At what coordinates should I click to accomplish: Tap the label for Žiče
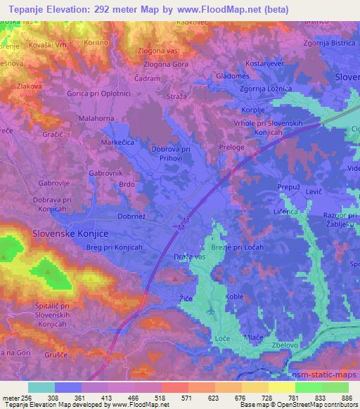click(x=181, y=299)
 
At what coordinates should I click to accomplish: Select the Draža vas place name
click(x=189, y=257)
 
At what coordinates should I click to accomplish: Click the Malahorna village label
click(x=96, y=119)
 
